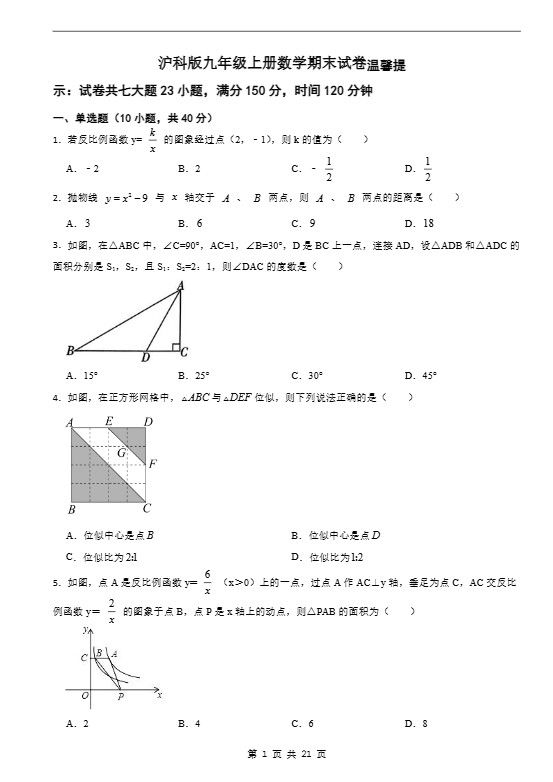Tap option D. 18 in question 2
[x=419, y=223]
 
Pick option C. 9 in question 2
[x=304, y=223]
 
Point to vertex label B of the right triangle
[x=70, y=351]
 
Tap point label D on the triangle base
[x=146, y=357]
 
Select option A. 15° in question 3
[x=82, y=376]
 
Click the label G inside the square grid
[x=121, y=453]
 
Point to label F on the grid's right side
[x=152, y=464]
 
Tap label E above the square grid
[x=109, y=422]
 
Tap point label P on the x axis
[x=121, y=697]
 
